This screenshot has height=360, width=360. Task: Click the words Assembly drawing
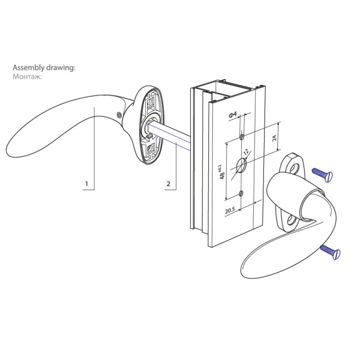[x=43, y=68]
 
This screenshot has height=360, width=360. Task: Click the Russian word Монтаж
[x=27, y=76]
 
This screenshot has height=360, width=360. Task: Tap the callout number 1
[x=86, y=184]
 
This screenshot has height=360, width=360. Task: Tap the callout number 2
[x=169, y=184]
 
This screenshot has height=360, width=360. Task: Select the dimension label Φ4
[x=233, y=115]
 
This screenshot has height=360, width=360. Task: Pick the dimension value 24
[x=275, y=138]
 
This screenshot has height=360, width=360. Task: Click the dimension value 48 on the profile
[x=222, y=175]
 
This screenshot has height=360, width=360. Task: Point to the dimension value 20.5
[x=230, y=211]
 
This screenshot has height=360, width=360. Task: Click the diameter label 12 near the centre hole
[x=246, y=152]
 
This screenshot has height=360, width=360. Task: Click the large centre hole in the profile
[x=241, y=165]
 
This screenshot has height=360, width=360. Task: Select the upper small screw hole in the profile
[x=242, y=137]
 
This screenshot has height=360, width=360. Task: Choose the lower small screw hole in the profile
[x=241, y=194]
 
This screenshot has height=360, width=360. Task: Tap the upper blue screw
[x=322, y=175]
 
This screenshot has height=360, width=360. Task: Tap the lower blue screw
[x=331, y=252]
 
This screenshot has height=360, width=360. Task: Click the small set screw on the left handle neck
[x=119, y=115]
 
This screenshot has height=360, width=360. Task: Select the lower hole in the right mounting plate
[x=292, y=220]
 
